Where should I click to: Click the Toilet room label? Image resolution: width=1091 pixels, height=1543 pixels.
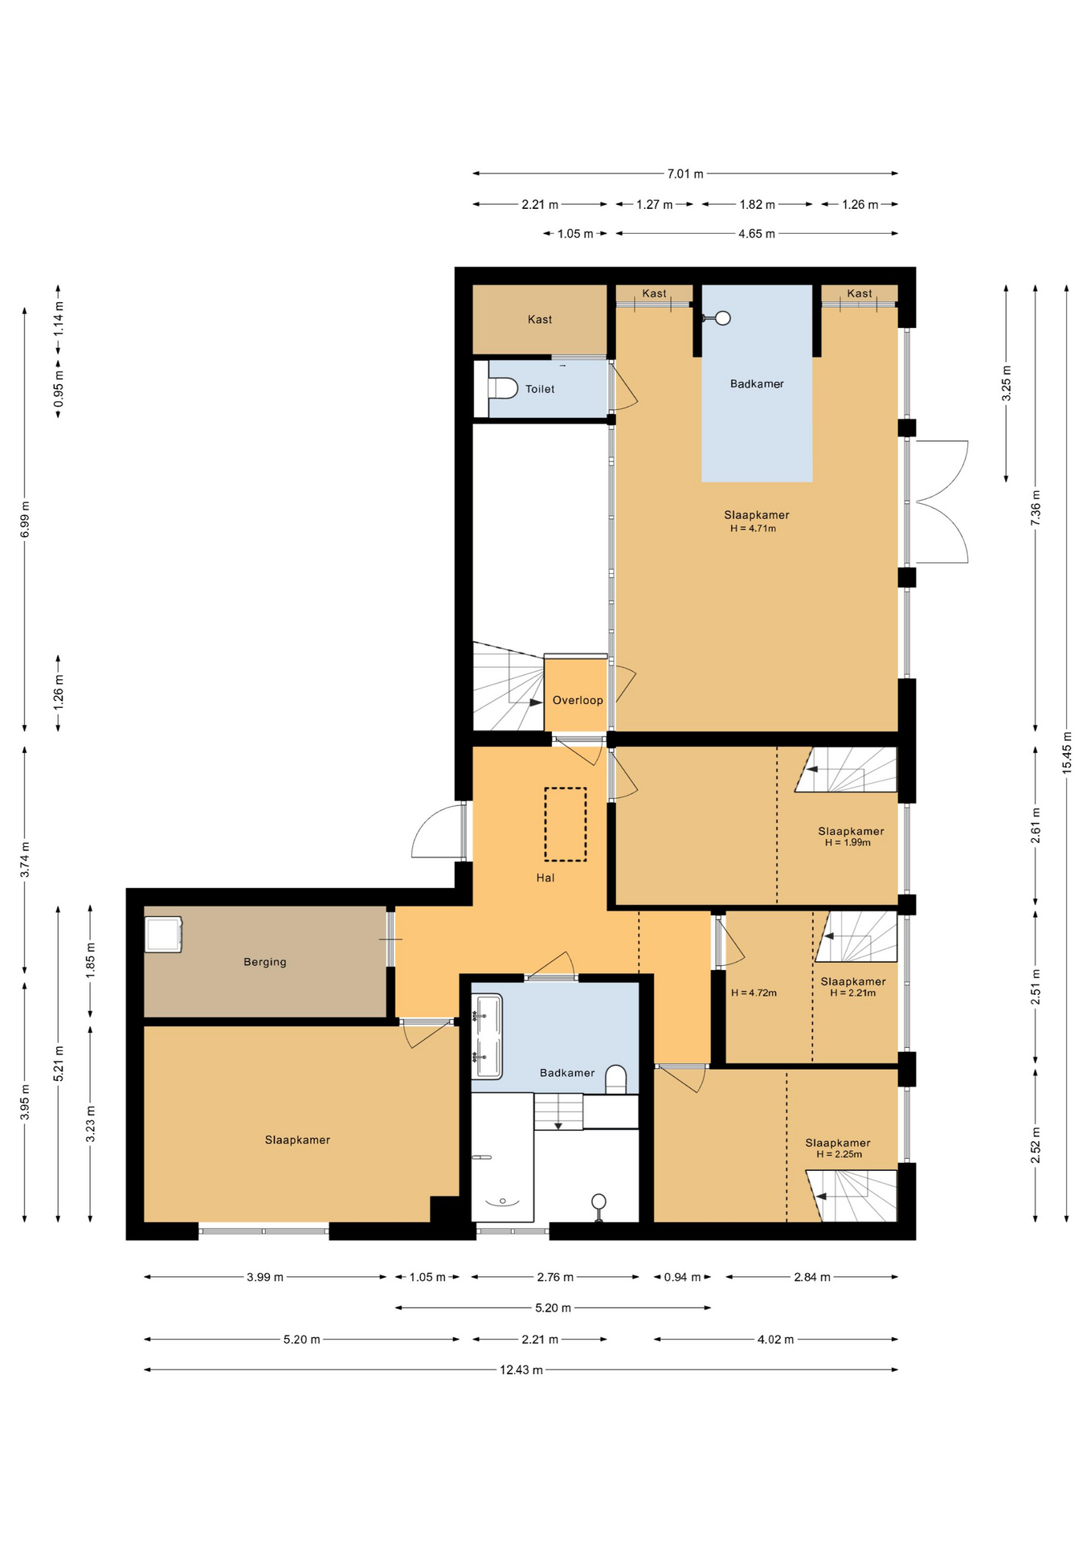pyautogui.click(x=540, y=389)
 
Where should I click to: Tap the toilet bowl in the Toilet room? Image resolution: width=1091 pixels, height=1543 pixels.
pyautogui.click(x=502, y=389)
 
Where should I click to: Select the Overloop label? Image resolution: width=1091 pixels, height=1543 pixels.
pyautogui.click(x=578, y=700)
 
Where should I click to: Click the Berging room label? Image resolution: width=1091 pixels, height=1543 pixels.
pyautogui.click(x=265, y=962)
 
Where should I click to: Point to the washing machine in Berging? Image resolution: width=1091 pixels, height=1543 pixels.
pyautogui.click(x=164, y=935)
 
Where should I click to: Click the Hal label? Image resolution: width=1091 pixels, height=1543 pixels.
pyautogui.click(x=545, y=878)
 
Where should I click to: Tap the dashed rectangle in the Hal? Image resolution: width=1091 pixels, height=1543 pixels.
pyautogui.click(x=566, y=824)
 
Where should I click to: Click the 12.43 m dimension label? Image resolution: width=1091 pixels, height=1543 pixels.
pyautogui.click(x=521, y=1369)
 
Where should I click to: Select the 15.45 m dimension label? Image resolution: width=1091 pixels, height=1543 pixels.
pyautogui.click(x=1067, y=753)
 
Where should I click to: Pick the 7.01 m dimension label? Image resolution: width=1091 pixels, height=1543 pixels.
pyautogui.click(x=685, y=174)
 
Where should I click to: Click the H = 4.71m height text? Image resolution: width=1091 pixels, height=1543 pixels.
pyautogui.click(x=753, y=529)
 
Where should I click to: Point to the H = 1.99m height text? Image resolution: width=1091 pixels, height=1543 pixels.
pyautogui.click(x=848, y=843)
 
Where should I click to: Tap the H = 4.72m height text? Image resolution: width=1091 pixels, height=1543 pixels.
pyautogui.click(x=754, y=993)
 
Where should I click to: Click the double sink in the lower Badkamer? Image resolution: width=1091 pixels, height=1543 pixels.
pyautogui.click(x=487, y=1036)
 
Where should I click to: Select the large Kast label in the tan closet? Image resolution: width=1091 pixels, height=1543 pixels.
pyautogui.click(x=540, y=320)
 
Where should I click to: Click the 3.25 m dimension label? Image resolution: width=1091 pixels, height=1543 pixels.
pyautogui.click(x=1006, y=383)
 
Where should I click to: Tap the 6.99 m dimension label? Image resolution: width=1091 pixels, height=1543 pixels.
pyautogui.click(x=25, y=519)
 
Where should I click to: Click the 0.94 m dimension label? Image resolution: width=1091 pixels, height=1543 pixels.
pyautogui.click(x=683, y=1277)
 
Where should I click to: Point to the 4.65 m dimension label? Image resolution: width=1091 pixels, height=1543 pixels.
pyautogui.click(x=757, y=234)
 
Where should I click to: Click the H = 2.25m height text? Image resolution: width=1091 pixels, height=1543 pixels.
pyautogui.click(x=840, y=1155)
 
